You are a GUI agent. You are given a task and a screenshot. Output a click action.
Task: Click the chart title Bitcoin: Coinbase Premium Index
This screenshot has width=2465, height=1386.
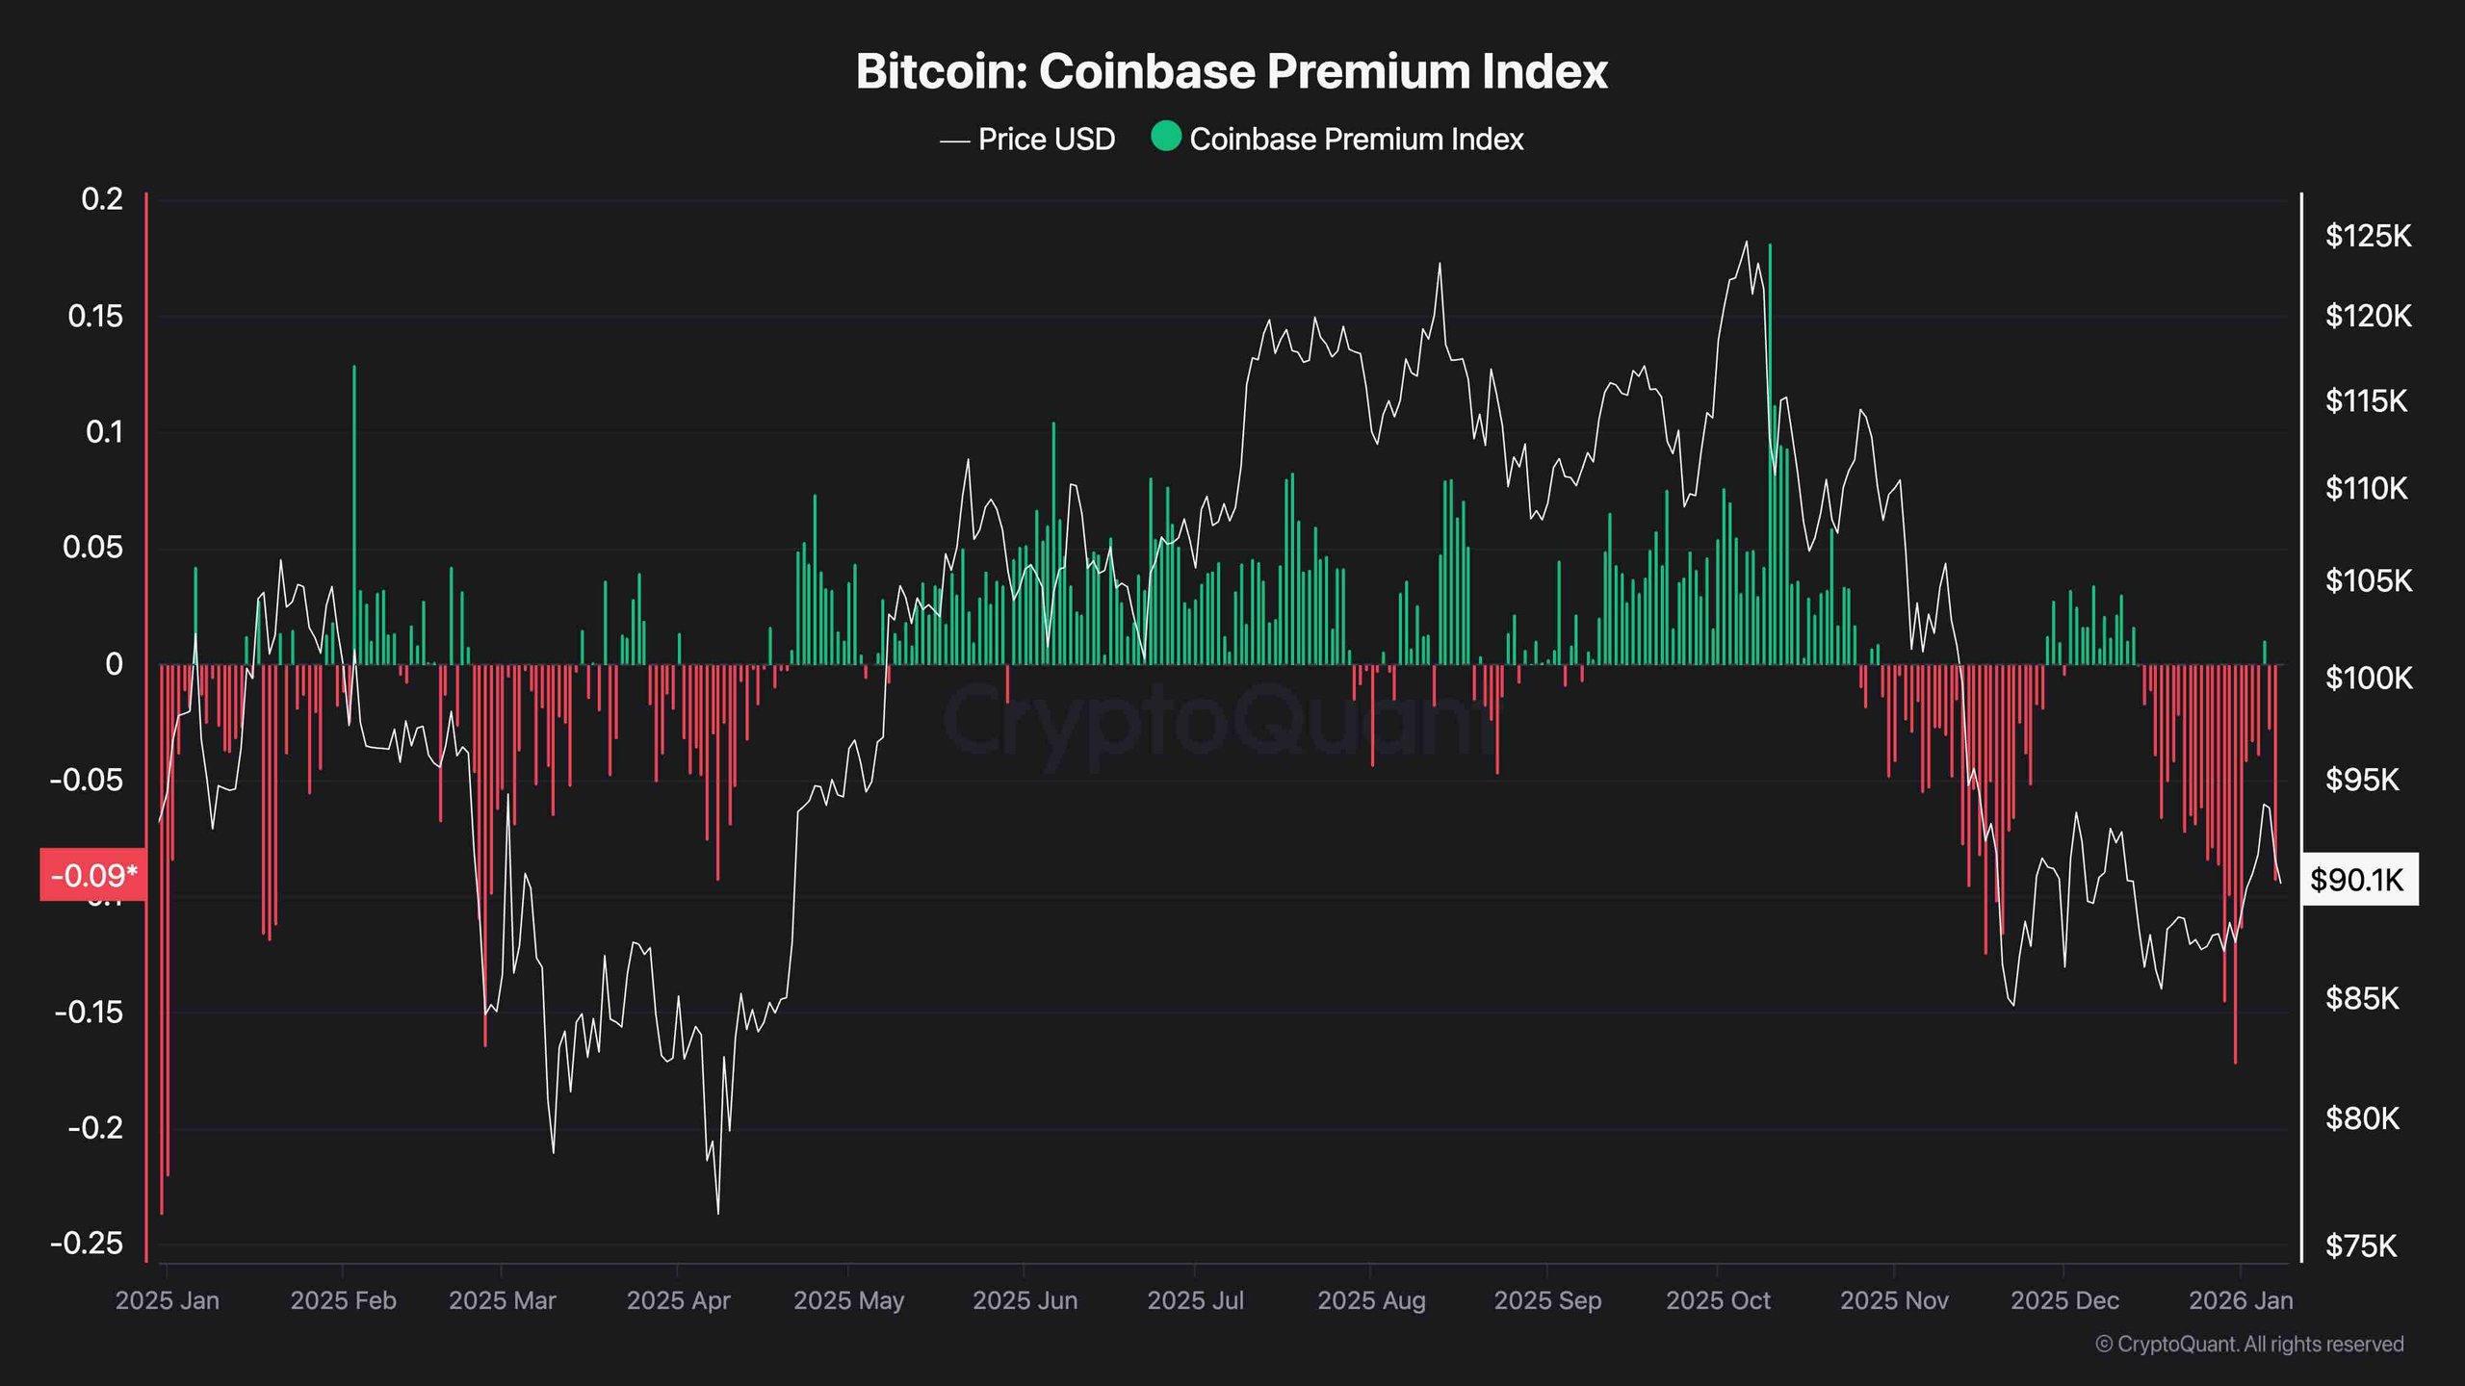[x=1232, y=71]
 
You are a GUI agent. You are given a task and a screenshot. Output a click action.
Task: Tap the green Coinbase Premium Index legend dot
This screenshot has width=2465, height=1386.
[x=1166, y=137]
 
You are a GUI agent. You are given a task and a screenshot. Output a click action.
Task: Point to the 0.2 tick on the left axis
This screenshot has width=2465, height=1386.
[x=102, y=199]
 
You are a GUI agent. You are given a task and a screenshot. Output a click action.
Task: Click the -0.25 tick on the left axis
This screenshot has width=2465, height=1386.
[x=87, y=1243]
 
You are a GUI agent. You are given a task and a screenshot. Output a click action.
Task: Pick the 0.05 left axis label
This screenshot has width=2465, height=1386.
[x=93, y=548]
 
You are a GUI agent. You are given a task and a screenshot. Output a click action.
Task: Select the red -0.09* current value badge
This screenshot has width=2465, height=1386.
[x=93, y=875]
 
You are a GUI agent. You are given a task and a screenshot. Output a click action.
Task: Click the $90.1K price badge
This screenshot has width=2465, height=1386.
[x=2357, y=879]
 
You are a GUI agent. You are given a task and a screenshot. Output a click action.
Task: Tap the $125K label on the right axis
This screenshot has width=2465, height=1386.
[x=2368, y=236]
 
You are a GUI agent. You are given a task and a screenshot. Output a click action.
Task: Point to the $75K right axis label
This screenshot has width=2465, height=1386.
[x=2360, y=1246]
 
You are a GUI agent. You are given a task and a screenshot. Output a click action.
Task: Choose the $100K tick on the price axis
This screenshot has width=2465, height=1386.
[x=2368, y=679]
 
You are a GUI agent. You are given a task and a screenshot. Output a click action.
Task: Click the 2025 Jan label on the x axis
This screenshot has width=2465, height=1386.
[x=168, y=1300]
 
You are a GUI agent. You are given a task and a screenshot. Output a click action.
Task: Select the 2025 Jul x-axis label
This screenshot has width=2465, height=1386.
[x=1195, y=1300]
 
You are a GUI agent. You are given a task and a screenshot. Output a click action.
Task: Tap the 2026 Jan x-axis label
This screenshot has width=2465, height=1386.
[x=2240, y=1300]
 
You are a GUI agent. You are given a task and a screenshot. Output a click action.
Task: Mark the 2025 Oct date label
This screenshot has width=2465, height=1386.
[x=1718, y=1300]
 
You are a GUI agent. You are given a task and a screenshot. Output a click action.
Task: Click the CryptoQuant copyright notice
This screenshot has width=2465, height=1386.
[x=2249, y=1344]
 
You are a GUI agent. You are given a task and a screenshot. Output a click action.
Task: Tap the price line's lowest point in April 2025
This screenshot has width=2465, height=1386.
[x=718, y=1212]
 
